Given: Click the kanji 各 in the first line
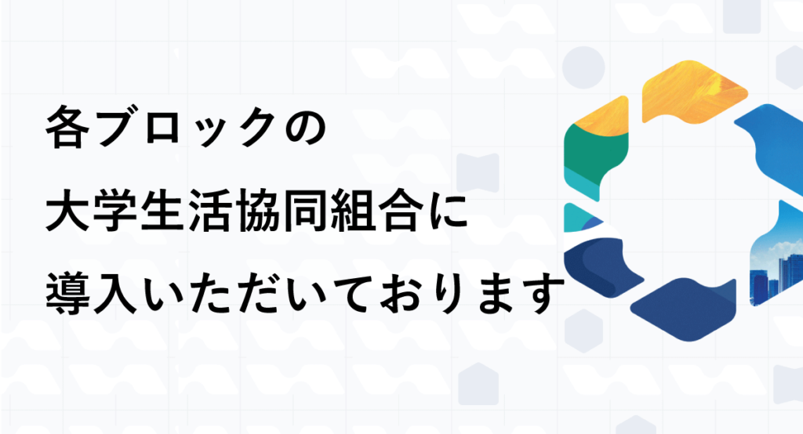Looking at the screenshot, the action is [x=67, y=128].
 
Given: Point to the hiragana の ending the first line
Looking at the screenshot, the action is [x=305, y=128].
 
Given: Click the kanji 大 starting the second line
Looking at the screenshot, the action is [x=67, y=211].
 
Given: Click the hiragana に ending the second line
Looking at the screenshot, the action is [x=447, y=211].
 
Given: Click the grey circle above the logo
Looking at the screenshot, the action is [x=583, y=67].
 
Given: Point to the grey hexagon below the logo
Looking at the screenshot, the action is [x=583, y=331].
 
